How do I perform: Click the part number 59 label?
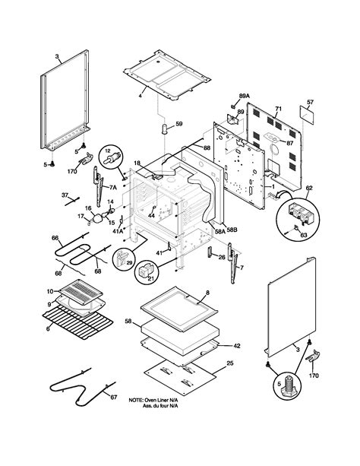point(179,122)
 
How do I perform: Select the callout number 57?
point(309,101)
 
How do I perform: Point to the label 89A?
point(244,97)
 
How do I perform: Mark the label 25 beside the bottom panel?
point(229,363)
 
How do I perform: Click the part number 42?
point(237,345)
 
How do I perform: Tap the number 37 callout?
point(63,195)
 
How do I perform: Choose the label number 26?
point(222,257)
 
